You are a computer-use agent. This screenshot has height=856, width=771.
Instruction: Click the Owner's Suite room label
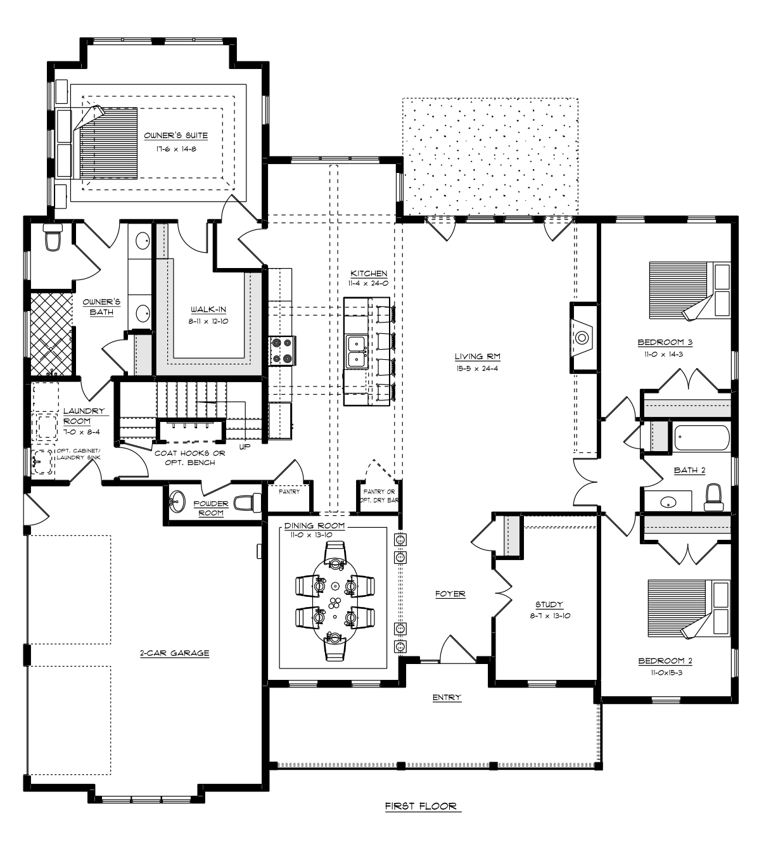coord(175,136)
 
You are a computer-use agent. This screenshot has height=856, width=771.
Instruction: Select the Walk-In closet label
coord(208,309)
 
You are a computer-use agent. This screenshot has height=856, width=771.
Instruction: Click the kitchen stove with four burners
coord(282,351)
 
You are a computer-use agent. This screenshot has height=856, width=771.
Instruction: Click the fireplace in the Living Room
coord(582,338)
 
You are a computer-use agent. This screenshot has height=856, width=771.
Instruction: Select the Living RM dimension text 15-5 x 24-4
coord(478,368)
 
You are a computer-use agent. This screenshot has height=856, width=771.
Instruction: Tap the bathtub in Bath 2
coord(702,438)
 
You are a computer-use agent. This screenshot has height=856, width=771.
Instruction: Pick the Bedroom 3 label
coord(665,342)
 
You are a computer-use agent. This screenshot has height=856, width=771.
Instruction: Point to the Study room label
coord(549,604)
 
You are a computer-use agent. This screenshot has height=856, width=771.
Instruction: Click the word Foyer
coord(450,594)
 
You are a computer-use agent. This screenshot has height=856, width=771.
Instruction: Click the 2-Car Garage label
coord(174,653)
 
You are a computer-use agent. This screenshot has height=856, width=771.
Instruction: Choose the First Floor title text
coord(421,806)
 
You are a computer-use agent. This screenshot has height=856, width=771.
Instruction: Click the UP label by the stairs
coord(245,447)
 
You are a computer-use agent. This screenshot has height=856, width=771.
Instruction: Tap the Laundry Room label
coord(84,416)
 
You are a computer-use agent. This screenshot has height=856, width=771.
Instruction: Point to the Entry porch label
coord(447,697)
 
